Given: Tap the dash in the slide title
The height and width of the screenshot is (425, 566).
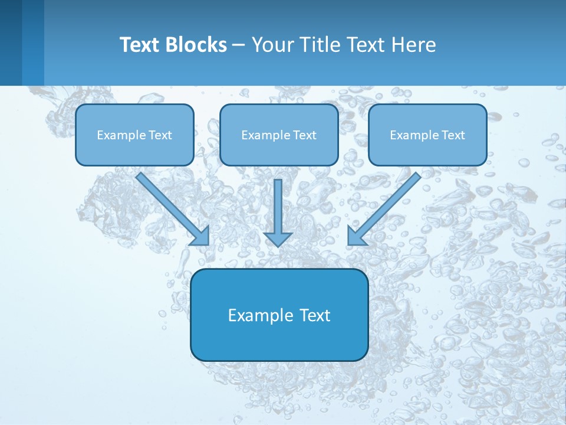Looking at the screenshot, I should click(239, 45).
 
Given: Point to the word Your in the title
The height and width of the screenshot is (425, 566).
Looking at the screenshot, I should click(272, 45).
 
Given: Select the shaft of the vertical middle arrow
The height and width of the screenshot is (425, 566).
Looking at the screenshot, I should click(278, 204).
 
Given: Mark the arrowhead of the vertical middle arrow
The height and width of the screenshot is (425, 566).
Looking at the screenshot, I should click(278, 239).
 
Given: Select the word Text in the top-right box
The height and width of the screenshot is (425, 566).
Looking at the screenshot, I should click(453, 135).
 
